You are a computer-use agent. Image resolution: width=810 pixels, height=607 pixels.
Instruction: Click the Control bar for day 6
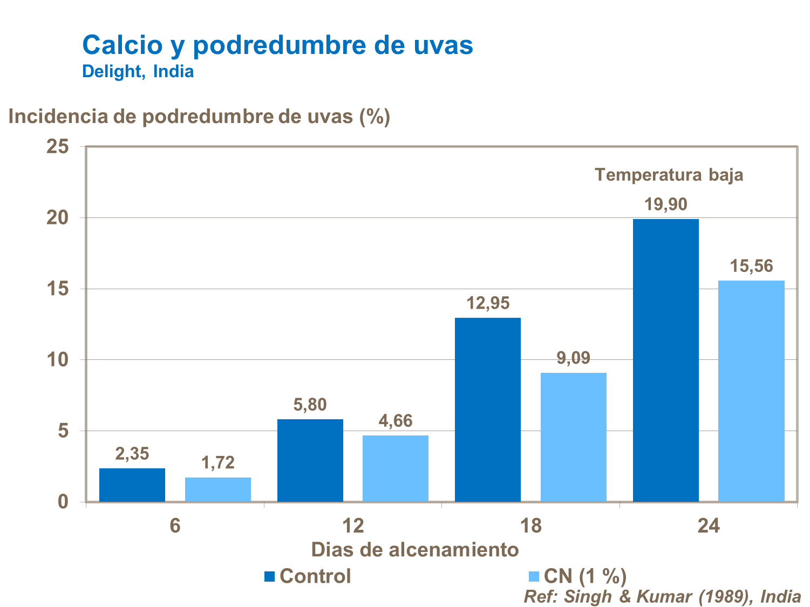click(132, 485)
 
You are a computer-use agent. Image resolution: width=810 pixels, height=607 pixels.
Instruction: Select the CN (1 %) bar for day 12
click(396, 468)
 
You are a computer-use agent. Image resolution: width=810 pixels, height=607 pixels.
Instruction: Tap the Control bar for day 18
click(488, 410)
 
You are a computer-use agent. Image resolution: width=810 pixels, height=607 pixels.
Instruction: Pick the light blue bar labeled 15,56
click(751, 391)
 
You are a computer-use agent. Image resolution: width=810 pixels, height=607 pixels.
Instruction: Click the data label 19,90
click(666, 204)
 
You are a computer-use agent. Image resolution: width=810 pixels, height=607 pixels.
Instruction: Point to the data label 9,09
click(573, 358)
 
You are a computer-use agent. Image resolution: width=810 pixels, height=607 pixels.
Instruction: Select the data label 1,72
click(218, 462)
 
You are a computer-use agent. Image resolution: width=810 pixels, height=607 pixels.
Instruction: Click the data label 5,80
click(310, 405)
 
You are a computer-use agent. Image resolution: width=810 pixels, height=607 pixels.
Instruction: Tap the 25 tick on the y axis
click(58, 146)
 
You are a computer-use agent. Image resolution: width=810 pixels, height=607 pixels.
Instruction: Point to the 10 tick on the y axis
click(58, 360)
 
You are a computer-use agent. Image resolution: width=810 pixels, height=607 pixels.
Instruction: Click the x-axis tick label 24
click(709, 526)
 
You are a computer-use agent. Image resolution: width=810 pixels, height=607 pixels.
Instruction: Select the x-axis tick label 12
click(353, 526)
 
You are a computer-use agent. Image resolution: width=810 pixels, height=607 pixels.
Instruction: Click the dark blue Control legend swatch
click(270, 576)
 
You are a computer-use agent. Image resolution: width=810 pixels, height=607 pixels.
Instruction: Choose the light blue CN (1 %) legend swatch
click(534, 576)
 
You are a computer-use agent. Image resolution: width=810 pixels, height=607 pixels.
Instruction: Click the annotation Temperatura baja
click(669, 175)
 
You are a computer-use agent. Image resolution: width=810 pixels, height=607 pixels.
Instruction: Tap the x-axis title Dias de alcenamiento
click(415, 549)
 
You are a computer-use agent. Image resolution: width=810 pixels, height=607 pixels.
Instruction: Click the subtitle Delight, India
click(138, 71)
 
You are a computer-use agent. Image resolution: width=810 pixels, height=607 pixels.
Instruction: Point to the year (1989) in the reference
click(727, 596)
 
